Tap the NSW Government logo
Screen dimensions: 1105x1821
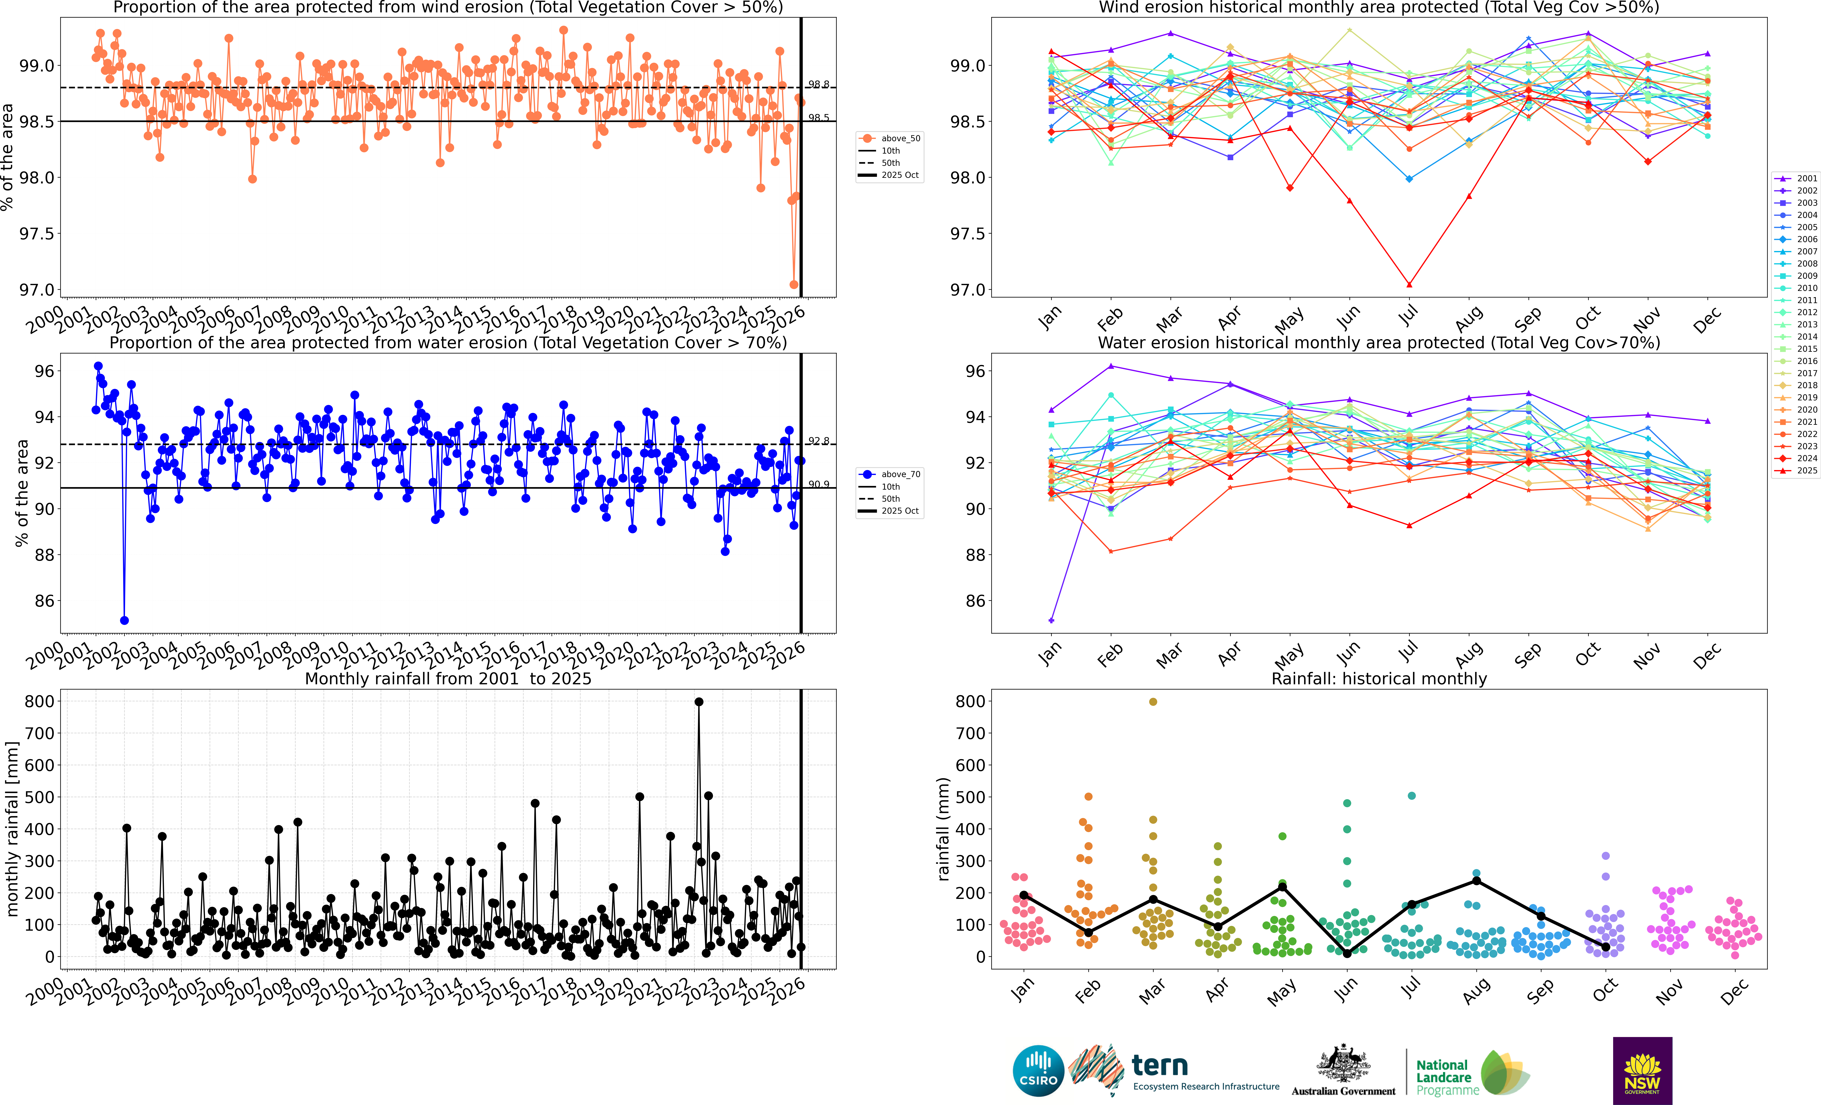(1642, 1070)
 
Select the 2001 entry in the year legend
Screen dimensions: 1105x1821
(1797, 178)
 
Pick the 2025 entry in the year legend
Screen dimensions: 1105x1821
(1797, 470)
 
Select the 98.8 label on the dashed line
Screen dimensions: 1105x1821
(818, 84)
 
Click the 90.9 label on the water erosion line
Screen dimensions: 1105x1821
(818, 484)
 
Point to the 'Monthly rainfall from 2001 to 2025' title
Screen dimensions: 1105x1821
(448, 678)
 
